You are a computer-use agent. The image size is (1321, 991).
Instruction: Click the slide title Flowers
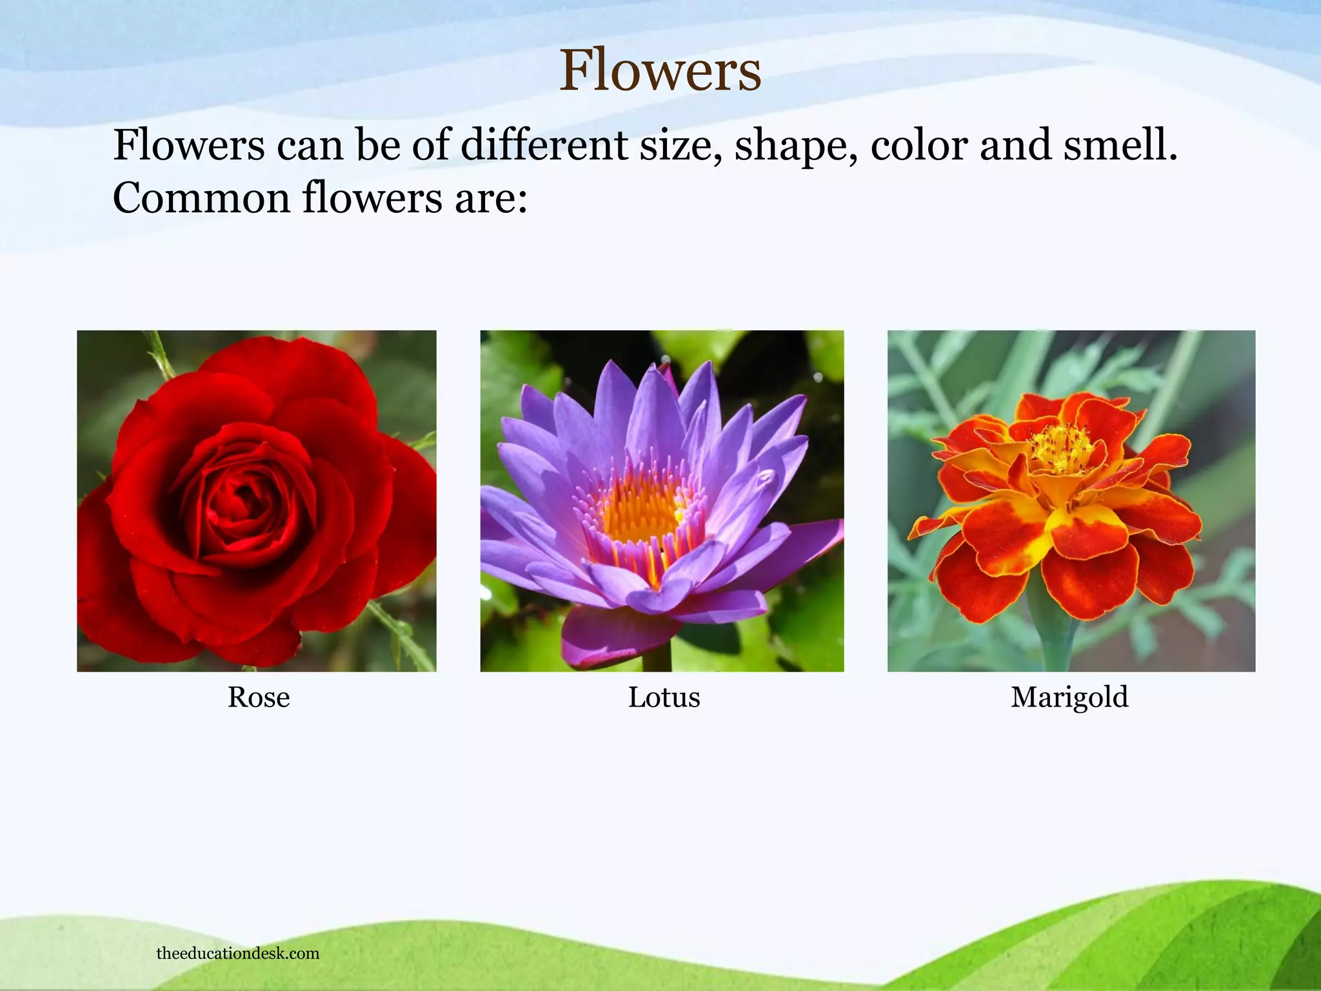point(660,71)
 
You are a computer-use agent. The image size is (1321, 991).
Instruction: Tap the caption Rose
point(259,697)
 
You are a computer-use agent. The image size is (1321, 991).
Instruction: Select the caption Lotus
point(664,697)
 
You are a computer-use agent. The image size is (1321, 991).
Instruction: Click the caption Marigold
point(1069,697)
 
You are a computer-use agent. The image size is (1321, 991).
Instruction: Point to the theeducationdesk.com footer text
point(238,954)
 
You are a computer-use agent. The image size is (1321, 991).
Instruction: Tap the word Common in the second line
point(201,198)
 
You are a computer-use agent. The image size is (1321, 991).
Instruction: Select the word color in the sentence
point(919,145)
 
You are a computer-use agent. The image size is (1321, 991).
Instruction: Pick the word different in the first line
point(544,145)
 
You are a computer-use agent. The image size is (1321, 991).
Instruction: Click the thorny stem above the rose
point(160,355)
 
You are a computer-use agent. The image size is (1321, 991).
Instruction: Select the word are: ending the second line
point(491,198)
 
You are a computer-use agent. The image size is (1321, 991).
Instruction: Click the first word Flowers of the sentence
point(189,145)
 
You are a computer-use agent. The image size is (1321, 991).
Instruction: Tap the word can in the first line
point(310,145)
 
